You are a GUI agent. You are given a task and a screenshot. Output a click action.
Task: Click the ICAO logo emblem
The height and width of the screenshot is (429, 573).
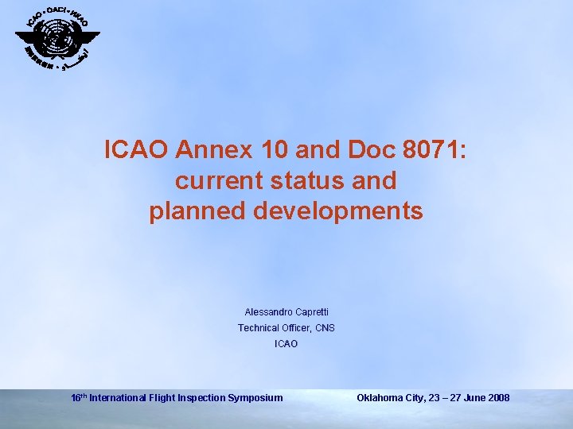pyautogui.click(x=57, y=39)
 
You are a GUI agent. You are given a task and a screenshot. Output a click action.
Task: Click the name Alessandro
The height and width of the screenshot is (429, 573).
pyautogui.click(x=269, y=312)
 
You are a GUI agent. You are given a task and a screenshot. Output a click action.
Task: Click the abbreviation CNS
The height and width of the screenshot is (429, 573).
pyautogui.click(x=325, y=328)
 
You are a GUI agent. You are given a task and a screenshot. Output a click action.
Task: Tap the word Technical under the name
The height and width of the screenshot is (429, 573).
pyautogui.click(x=258, y=328)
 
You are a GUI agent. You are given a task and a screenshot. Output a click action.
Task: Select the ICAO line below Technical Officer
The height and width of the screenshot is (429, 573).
pyautogui.click(x=286, y=344)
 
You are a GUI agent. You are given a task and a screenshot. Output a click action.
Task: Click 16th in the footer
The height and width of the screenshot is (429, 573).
pyautogui.click(x=79, y=397)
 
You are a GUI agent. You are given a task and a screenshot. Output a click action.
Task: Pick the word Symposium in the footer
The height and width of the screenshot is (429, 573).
pyautogui.click(x=254, y=397)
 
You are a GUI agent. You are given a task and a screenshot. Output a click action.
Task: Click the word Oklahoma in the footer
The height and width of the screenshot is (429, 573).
pyautogui.click(x=381, y=397)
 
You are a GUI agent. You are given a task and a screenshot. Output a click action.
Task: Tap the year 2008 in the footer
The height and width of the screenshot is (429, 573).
pyautogui.click(x=497, y=397)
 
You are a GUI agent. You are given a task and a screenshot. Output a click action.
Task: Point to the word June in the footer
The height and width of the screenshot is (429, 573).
pyautogui.click(x=469, y=397)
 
